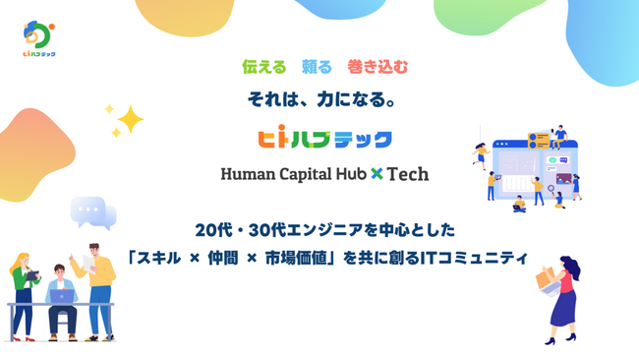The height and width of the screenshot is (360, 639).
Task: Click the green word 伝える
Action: point(263,68)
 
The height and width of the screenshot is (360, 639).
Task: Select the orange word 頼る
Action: point(317,68)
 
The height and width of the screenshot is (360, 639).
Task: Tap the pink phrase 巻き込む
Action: point(378,68)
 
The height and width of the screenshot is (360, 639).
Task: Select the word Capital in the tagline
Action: point(309,175)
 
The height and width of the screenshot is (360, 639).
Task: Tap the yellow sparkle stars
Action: point(125,120)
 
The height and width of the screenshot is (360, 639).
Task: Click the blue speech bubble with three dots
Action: point(90,210)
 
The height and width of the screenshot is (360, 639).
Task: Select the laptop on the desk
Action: point(62,296)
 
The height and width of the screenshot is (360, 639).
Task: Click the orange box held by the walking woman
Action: point(547,280)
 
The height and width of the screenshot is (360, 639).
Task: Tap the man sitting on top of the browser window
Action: point(559,136)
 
